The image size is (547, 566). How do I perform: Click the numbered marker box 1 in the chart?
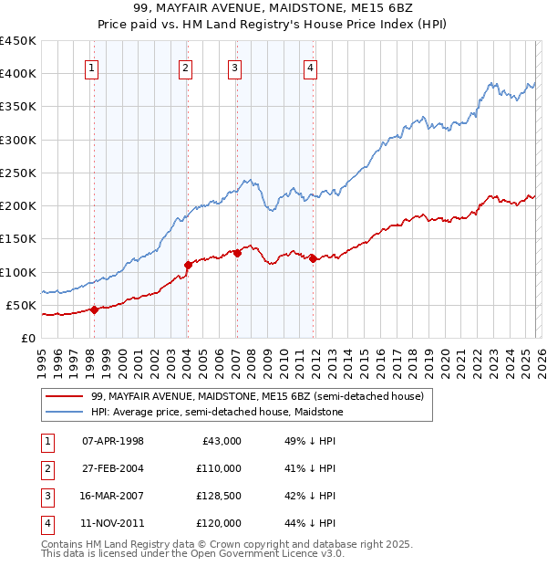[x=93, y=67]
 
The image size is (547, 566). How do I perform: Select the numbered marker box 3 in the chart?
[x=235, y=67]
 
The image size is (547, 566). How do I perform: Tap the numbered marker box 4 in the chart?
[x=311, y=67]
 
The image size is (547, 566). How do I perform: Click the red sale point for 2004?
[x=188, y=265]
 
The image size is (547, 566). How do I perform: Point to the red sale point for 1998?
[x=94, y=309]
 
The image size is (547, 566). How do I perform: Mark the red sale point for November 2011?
[x=313, y=258]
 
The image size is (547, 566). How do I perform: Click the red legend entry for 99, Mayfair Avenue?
[x=257, y=397]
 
